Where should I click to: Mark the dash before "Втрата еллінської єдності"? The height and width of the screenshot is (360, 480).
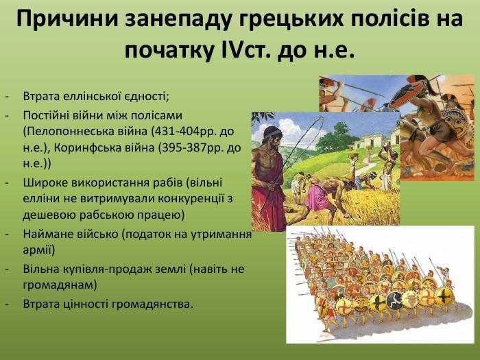click(7, 97)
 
